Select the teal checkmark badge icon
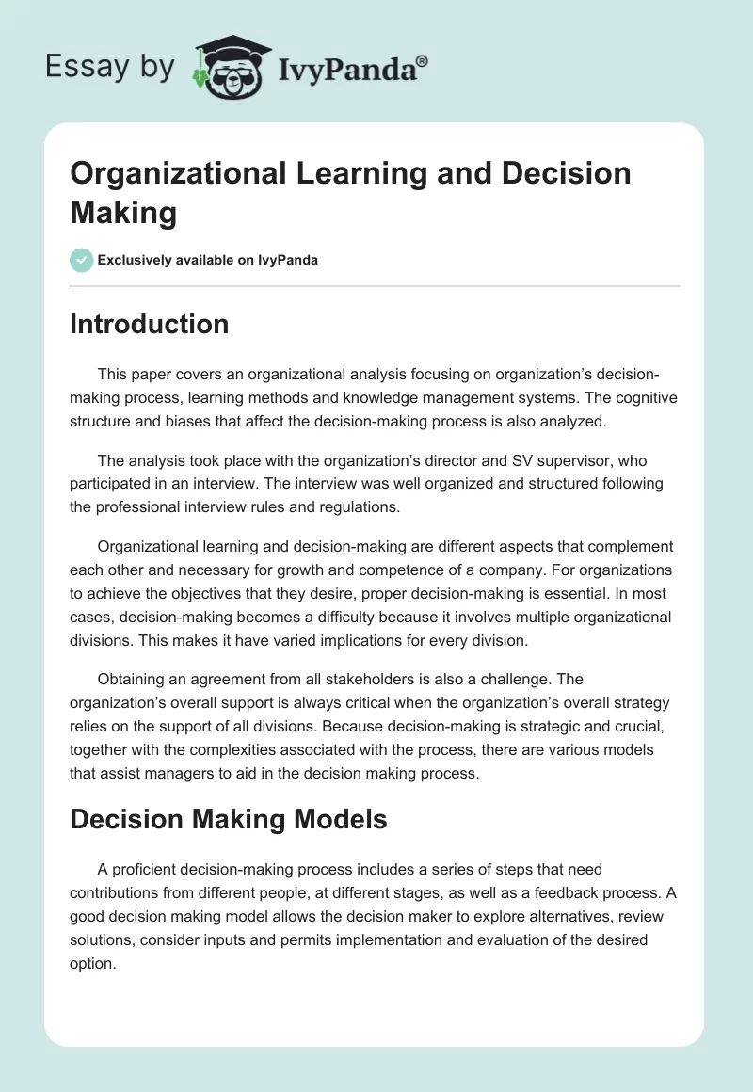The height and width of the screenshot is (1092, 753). pyautogui.click(x=82, y=260)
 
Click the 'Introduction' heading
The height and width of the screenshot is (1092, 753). pyautogui.click(x=150, y=324)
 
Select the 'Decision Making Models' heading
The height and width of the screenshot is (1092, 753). pyautogui.click(x=229, y=819)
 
